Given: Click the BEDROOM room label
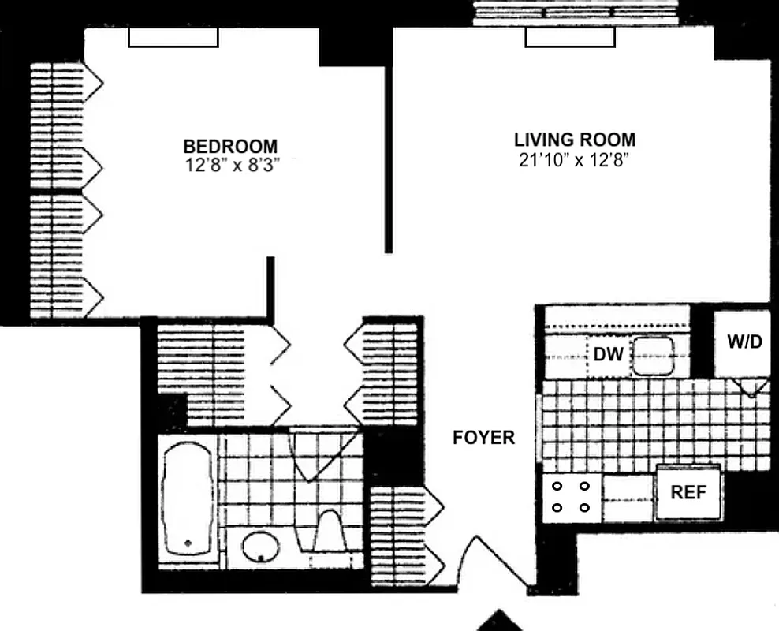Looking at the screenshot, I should point(230,147).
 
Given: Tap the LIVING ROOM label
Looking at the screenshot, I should point(575,140).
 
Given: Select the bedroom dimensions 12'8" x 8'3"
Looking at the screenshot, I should point(230,166).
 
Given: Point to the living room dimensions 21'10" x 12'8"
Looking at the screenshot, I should point(575,160).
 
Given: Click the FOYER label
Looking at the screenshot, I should point(483,438).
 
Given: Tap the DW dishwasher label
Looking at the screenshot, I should point(609,355).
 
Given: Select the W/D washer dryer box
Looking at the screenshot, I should point(742,343).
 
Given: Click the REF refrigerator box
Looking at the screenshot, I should point(688,492).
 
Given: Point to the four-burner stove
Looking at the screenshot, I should point(571,497).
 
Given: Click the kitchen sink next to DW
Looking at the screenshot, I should point(653,355).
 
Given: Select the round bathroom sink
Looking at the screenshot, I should point(260,546).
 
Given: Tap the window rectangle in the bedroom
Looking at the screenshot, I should point(173,38).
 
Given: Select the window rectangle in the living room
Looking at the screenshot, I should point(569,38).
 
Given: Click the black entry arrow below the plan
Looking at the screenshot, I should point(498,622).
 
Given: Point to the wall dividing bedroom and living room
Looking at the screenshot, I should point(388,158).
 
